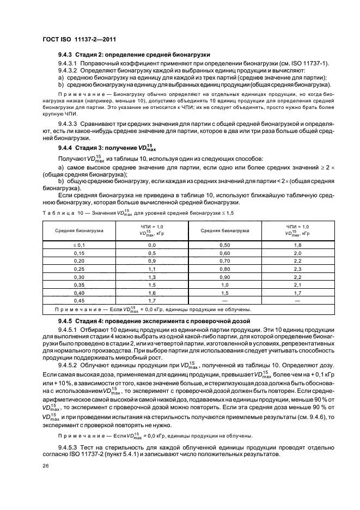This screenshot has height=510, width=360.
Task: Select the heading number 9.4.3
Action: [x=66, y=54]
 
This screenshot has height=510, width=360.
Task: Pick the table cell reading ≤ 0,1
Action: [x=80, y=246]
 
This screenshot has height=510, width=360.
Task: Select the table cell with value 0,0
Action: [x=152, y=246]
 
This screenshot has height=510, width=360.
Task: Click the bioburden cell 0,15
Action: [x=80, y=253]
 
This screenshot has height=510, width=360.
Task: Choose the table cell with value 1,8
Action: [x=297, y=246]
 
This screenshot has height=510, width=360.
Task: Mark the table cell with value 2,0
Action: [x=297, y=253]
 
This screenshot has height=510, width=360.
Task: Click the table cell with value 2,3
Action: [x=297, y=269]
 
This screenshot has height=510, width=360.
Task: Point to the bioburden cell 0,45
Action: [x=80, y=300]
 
